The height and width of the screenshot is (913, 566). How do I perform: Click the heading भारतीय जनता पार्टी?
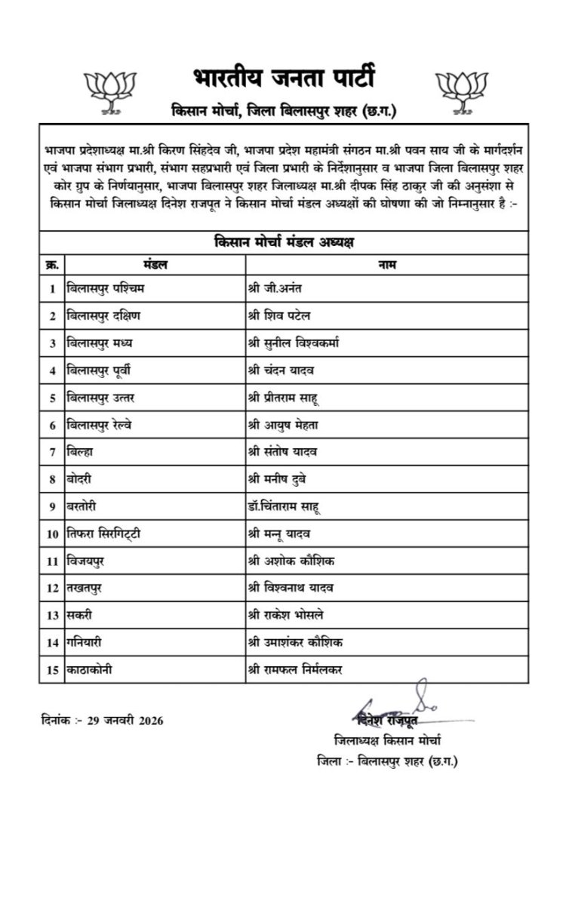(x=283, y=79)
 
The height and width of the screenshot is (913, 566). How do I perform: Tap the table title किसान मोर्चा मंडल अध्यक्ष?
(x=283, y=243)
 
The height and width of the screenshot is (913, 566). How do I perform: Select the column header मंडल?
(x=155, y=264)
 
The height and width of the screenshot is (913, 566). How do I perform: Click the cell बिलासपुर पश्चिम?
(x=103, y=288)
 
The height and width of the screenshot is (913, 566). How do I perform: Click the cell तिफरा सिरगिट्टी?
(x=103, y=534)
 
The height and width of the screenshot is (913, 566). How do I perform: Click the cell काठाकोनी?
(x=91, y=670)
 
